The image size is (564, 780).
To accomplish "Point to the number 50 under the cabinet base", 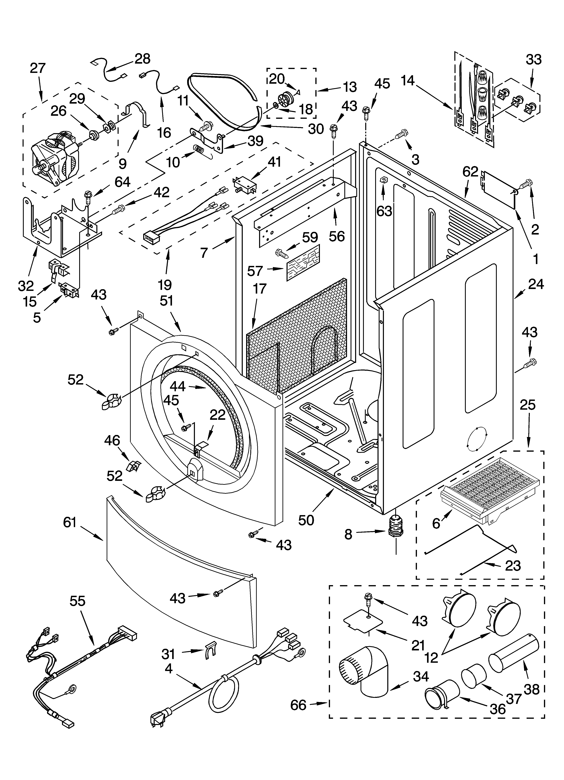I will (x=306, y=520).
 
